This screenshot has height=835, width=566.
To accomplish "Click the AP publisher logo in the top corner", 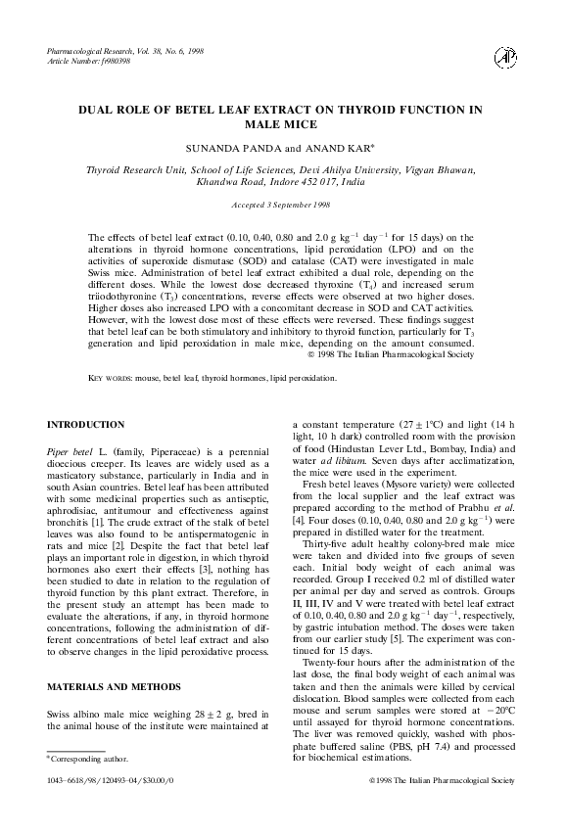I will tap(506, 57).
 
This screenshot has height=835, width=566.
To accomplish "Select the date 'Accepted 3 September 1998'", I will tap(282, 205).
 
